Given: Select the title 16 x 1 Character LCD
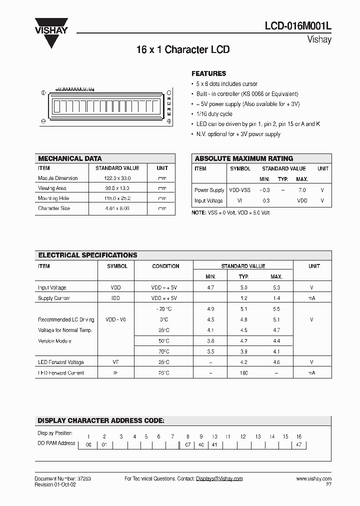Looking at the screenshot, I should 183,50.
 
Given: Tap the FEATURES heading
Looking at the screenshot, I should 208,73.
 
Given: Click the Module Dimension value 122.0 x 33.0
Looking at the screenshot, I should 117,178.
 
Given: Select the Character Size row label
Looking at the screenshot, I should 54,208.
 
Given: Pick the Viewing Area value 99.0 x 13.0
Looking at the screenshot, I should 117,188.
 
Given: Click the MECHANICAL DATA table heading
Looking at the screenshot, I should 70,158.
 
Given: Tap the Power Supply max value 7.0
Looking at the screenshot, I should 301,190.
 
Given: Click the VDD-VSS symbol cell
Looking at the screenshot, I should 239,190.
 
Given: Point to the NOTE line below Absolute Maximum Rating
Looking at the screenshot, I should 230,212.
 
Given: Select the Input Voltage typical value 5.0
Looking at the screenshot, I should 243,287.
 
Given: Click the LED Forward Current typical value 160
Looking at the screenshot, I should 243,372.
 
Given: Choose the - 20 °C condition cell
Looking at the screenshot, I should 165,309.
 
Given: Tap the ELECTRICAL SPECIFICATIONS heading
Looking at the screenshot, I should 87,255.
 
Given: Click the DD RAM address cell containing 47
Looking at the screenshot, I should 298,444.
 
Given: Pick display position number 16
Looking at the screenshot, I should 298,436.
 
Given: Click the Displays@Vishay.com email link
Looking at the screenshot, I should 219,478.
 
